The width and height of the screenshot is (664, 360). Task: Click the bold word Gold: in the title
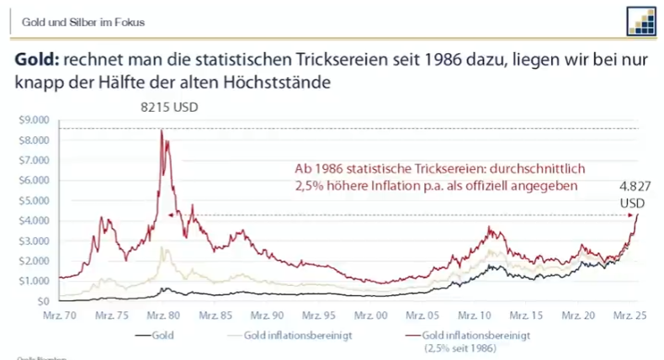pyautogui.click(x=36, y=61)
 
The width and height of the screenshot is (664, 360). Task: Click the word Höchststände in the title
pyautogui.click(x=279, y=83)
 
